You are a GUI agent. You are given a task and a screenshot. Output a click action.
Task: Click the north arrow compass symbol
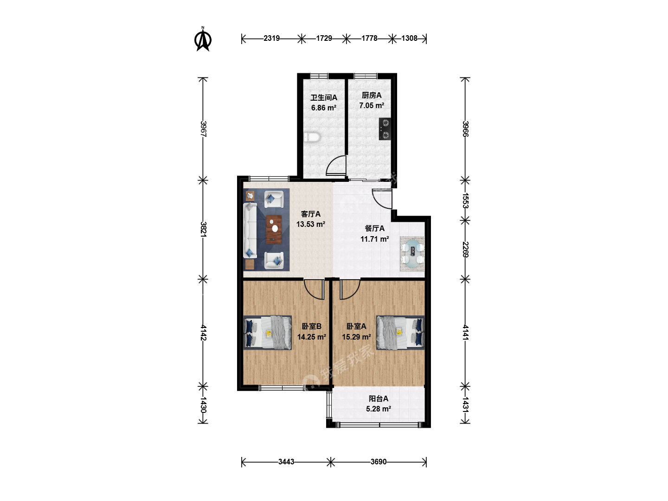(x=203, y=39)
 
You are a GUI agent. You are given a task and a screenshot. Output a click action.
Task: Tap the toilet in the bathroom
(x=312, y=137)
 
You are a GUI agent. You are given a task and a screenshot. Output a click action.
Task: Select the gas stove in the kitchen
(x=385, y=129)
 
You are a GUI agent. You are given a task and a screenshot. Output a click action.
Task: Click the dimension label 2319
(x=271, y=39)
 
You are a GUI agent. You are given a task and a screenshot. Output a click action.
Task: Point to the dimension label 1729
(x=324, y=39)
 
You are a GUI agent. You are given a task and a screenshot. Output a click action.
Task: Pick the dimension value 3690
(x=378, y=462)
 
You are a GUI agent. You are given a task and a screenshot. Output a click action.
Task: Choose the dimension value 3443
(x=286, y=462)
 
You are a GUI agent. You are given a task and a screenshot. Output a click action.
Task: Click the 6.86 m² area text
(x=323, y=108)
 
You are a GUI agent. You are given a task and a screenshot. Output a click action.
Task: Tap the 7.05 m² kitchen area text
(x=371, y=106)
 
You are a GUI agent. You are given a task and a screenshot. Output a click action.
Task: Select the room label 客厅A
(x=311, y=214)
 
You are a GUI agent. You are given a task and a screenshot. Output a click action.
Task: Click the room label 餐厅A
(x=375, y=228)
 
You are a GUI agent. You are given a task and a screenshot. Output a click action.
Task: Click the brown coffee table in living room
(x=274, y=230)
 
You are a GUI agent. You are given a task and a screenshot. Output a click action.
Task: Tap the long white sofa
(x=250, y=231)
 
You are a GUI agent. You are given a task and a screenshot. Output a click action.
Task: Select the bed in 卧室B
(x=268, y=333)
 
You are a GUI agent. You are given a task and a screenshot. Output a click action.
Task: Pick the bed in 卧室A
(x=400, y=333)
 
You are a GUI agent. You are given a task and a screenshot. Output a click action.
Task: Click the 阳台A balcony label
(x=378, y=398)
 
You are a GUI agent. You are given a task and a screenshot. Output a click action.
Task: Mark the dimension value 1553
(x=465, y=200)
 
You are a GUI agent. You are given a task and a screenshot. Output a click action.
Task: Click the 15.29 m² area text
(x=356, y=337)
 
